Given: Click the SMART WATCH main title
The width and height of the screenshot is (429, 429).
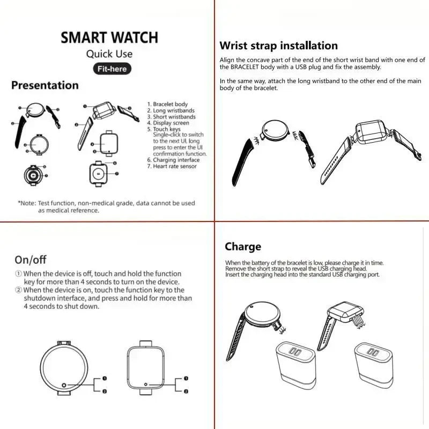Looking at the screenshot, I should tap(109, 38).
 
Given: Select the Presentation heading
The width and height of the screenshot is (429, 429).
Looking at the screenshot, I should tap(45, 85).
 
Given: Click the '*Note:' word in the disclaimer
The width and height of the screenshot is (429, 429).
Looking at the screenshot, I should tap(27, 203).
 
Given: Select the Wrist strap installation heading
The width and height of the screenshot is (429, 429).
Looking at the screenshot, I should tap(279, 46).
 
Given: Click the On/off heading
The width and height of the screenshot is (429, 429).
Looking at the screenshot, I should tap(31, 260).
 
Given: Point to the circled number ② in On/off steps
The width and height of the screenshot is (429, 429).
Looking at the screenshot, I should tap(18, 290).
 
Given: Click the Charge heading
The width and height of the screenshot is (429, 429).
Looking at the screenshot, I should tap(243, 247).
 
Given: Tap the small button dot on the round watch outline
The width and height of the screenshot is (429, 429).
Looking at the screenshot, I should tap(64, 386).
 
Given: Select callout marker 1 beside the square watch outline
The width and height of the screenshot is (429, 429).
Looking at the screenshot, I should tap(186, 379).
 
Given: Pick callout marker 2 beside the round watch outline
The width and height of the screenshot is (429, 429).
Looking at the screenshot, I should tap(104, 391).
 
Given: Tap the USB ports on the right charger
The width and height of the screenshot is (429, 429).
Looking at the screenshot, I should tap(372, 352).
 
